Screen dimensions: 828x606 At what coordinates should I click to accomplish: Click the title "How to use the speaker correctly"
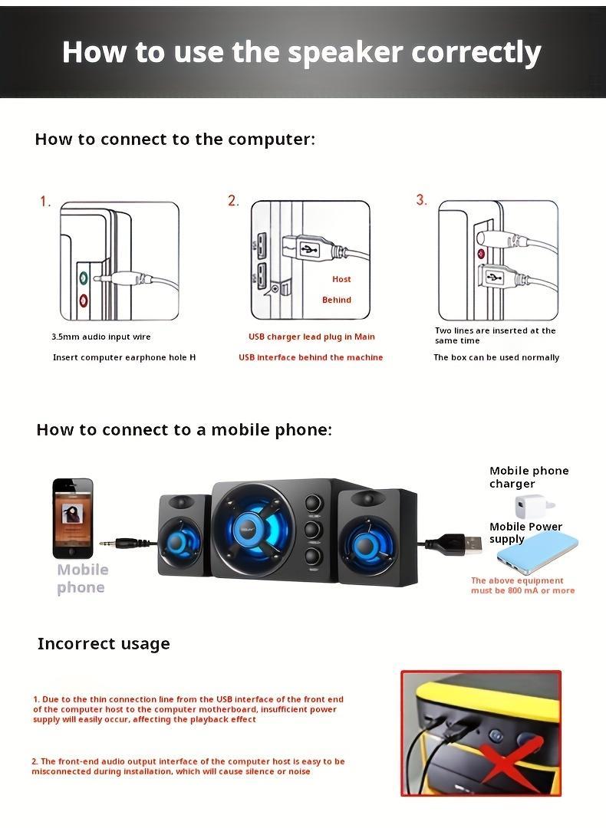coord(301,52)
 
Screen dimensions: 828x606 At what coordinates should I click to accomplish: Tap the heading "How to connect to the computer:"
coord(175,140)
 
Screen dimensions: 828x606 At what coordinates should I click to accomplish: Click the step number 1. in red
coord(45,202)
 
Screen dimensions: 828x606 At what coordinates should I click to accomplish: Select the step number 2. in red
coord(233,201)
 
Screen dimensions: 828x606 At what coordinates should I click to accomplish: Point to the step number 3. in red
coord(421,200)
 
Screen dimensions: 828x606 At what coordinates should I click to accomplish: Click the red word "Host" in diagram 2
coord(341,279)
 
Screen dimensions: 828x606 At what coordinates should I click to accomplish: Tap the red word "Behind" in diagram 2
coord(337,300)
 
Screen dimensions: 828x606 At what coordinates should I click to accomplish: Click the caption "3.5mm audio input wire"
coord(101,337)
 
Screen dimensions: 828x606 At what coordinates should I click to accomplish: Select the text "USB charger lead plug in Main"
coord(311,337)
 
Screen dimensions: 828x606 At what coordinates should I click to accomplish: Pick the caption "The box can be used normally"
coord(496,357)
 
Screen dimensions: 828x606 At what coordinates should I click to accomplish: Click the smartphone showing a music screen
coord(73,518)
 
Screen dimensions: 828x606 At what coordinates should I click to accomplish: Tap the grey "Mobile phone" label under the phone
coord(82,579)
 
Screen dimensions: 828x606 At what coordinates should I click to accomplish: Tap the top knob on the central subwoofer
coord(313,504)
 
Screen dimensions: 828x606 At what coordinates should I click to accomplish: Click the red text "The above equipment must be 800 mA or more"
coord(522,586)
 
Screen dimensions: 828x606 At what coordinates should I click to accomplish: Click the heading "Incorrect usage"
coord(104,644)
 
